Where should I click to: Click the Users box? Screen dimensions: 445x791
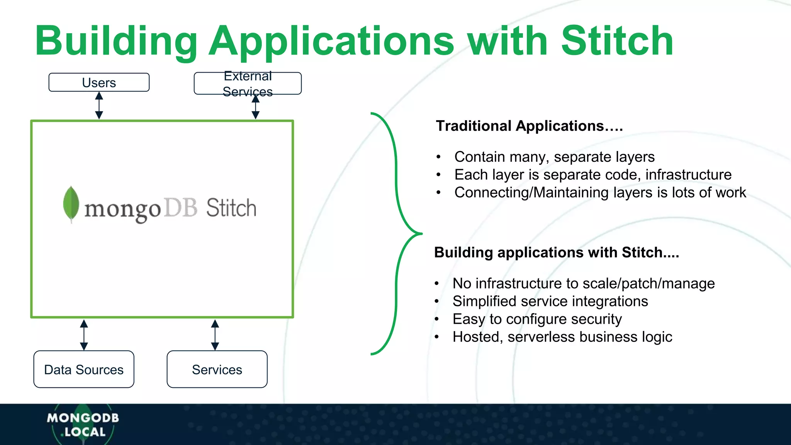click(99, 82)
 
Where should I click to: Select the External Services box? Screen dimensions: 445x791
click(248, 83)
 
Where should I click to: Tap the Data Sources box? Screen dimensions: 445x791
click(84, 369)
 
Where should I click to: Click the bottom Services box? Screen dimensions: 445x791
click(217, 369)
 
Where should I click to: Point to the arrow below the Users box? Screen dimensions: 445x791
click(99, 105)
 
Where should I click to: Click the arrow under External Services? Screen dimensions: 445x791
click(255, 107)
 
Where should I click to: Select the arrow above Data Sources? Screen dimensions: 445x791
click(84, 335)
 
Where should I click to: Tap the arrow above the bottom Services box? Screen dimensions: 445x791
click(215, 335)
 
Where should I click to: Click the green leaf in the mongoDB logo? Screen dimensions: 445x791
click(71, 204)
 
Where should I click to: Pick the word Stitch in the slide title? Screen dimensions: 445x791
click(617, 41)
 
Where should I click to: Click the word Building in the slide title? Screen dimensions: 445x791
click(116, 41)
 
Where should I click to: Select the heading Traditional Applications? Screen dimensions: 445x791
click(529, 126)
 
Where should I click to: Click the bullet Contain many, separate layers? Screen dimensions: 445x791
click(554, 157)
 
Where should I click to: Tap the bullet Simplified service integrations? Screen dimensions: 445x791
click(550, 301)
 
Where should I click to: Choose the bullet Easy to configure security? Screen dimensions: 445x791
click(537, 319)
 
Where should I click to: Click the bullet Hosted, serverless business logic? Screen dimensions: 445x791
click(562, 337)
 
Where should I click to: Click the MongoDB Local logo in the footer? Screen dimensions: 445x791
click(83, 425)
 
